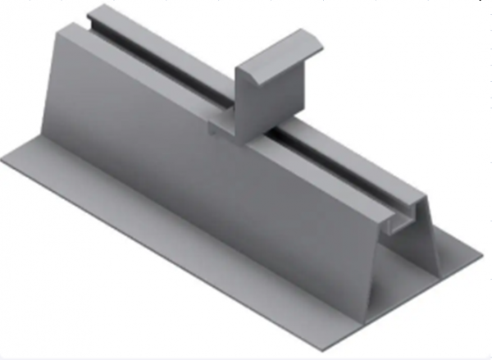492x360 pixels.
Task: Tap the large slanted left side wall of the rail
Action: [164, 139]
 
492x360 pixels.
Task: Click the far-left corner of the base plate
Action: [4, 158]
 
